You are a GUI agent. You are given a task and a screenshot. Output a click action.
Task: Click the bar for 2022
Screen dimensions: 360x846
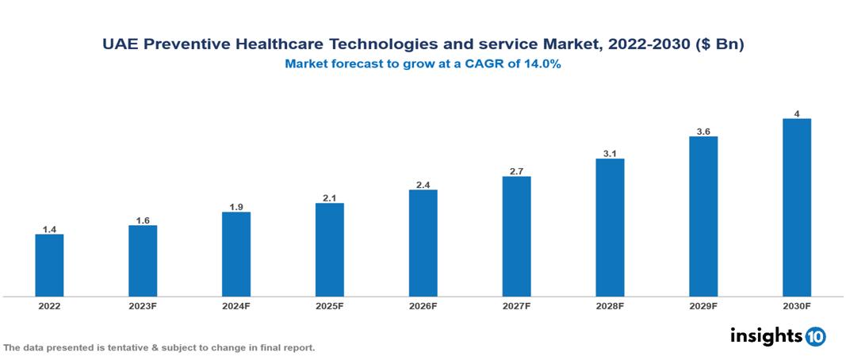coord(49,265)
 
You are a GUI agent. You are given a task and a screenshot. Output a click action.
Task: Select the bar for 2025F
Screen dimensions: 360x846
coord(330,250)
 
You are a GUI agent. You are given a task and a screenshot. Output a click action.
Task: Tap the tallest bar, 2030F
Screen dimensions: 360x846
coord(796,208)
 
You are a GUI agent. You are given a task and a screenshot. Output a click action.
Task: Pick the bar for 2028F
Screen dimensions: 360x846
coord(610,228)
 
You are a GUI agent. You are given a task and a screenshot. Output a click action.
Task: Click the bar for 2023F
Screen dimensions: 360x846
coord(143,261)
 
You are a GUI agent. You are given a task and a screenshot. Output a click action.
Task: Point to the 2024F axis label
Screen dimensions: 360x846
coord(236,305)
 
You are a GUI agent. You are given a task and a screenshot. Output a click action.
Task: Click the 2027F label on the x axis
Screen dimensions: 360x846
coord(517,305)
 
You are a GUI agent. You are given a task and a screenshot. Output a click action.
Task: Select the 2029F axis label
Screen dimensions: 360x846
coord(703,305)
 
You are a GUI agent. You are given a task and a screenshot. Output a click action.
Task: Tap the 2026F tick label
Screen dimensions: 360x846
coord(423,305)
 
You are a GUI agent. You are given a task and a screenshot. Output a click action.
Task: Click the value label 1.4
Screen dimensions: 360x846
coord(49,229)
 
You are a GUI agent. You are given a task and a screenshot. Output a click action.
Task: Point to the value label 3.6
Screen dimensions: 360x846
coord(703,132)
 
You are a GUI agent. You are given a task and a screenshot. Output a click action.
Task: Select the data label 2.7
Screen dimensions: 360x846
coord(517,171)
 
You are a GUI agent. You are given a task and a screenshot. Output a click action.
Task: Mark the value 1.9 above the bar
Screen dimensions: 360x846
coord(236,207)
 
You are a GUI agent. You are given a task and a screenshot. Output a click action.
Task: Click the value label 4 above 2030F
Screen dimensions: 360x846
coord(797,113)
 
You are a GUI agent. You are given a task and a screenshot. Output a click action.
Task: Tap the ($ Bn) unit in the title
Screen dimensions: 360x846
coord(718,45)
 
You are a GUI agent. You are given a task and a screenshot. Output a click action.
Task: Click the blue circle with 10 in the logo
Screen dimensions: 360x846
coord(815,336)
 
